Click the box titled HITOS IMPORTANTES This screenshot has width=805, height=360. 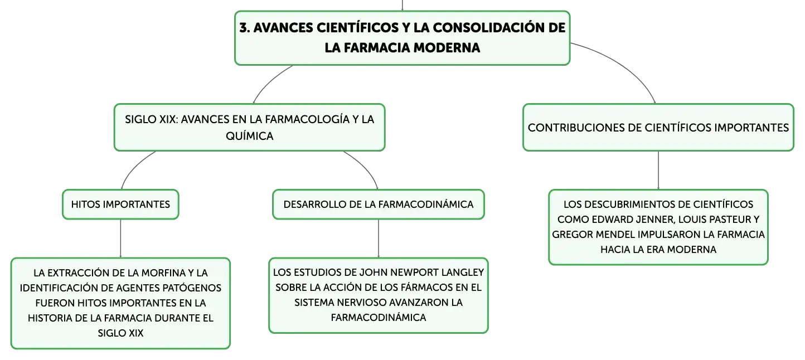pos(120,205)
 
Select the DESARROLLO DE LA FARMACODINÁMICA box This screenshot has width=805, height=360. pos(379,205)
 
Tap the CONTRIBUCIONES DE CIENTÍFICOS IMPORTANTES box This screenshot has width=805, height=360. pos(658,128)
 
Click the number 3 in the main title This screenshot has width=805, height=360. pos(244,28)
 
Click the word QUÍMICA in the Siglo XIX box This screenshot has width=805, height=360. pos(249,136)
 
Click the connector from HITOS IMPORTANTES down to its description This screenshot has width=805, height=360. pos(120,239)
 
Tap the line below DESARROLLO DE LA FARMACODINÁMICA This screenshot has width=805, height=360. pos(379,239)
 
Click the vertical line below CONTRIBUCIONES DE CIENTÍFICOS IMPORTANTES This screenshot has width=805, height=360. pos(658,171)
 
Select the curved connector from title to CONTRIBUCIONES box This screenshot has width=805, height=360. pos(623,64)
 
